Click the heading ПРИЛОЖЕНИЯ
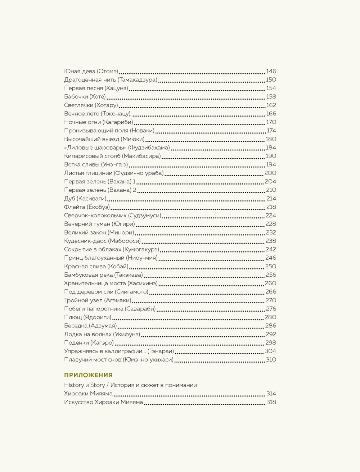[x=89, y=375]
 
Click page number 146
[x=271, y=71]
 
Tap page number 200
[x=270, y=173]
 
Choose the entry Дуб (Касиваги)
[x=85, y=199]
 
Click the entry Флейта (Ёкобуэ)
[x=87, y=207]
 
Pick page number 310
[x=271, y=359]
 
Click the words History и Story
[x=85, y=385]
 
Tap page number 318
[x=271, y=402]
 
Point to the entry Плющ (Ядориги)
[x=87, y=317]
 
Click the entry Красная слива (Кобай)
[x=96, y=266]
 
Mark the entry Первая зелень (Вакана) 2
[x=100, y=190]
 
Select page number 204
[x=270, y=182]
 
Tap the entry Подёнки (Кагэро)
[x=89, y=342]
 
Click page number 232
[x=271, y=232]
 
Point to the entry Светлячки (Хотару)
[x=91, y=105]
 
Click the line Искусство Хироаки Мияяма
[x=104, y=402]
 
